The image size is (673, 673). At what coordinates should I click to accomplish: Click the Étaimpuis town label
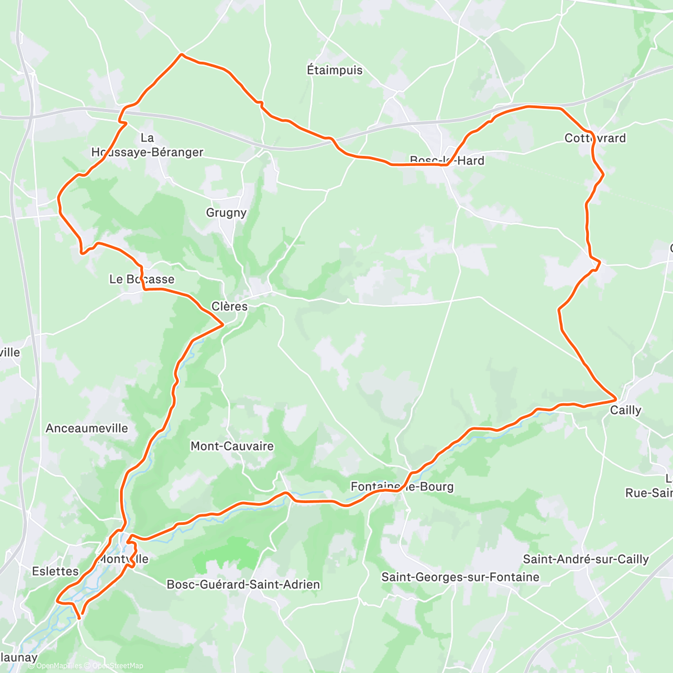click(334, 70)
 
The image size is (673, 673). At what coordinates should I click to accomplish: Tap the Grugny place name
click(226, 213)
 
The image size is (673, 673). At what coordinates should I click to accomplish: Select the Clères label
click(229, 306)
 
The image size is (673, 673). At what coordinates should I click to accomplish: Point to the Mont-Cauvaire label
click(232, 446)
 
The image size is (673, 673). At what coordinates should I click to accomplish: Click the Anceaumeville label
click(87, 428)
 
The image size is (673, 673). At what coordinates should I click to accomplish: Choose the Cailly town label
click(625, 411)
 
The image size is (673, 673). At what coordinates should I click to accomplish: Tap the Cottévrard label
click(595, 138)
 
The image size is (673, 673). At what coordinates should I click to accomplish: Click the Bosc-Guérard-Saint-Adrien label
click(243, 584)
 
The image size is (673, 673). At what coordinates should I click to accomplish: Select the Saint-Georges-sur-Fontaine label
click(460, 577)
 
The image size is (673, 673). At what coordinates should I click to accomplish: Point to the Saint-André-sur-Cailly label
click(586, 559)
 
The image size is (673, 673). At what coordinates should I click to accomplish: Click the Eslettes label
click(55, 571)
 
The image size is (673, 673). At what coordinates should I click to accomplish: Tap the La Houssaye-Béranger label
click(147, 145)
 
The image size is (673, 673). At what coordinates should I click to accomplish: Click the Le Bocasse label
click(141, 279)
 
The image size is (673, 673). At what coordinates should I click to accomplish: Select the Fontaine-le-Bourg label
click(402, 487)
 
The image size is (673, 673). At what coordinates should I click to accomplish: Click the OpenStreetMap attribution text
click(118, 666)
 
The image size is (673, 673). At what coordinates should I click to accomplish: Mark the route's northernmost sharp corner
click(181, 54)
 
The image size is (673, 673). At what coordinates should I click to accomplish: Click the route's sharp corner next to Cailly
click(616, 400)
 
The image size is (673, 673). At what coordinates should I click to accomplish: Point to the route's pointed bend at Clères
click(223, 324)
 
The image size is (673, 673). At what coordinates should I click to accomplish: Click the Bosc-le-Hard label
click(447, 160)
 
